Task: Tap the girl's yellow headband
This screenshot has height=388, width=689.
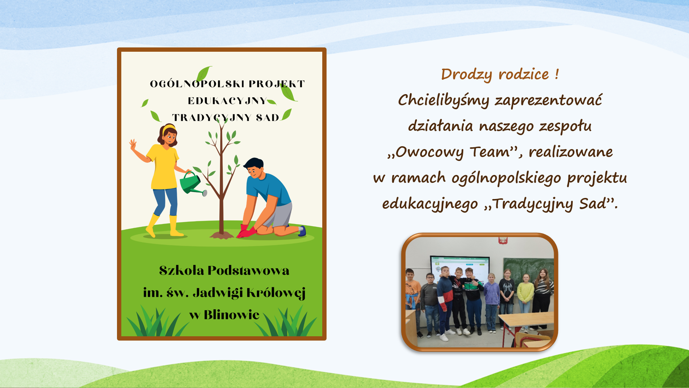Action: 169,128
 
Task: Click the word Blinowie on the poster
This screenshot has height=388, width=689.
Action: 231,315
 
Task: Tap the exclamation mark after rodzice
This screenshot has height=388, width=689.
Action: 557,74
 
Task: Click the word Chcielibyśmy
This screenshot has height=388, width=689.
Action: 443,100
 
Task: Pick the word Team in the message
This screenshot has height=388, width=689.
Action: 490,152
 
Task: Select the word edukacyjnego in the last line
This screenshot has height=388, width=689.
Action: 430,204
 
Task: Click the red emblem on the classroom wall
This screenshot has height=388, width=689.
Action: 502,240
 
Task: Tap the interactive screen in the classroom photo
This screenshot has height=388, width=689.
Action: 460,268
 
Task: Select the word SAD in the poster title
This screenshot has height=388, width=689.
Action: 267,118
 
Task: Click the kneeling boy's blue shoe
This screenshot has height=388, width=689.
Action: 302,231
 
